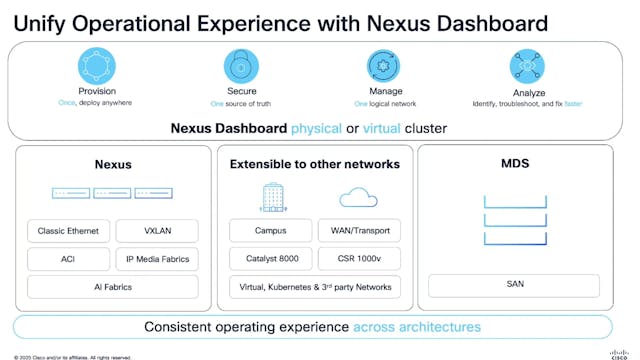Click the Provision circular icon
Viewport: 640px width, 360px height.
[x=98, y=67]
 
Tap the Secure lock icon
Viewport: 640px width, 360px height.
[x=241, y=67]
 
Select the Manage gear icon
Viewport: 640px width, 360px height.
[x=384, y=67]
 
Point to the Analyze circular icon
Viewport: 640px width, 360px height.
[x=527, y=67]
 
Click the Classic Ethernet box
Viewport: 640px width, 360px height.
[x=68, y=231]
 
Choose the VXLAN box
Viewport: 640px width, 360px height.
[x=157, y=231]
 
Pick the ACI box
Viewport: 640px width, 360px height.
[x=68, y=259]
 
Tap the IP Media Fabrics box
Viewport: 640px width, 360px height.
[x=157, y=259]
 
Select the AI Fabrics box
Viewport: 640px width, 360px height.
[x=112, y=287]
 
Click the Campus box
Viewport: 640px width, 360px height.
[x=271, y=231]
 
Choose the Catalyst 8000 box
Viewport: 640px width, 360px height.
[x=271, y=259]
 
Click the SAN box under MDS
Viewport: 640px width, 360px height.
[x=515, y=285]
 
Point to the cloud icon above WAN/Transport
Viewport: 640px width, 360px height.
[x=359, y=198]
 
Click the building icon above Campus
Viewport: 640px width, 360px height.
[x=272, y=197]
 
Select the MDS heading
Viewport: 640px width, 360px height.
[x=515, y=164]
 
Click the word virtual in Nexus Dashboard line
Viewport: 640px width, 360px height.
[x=382, y=128]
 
